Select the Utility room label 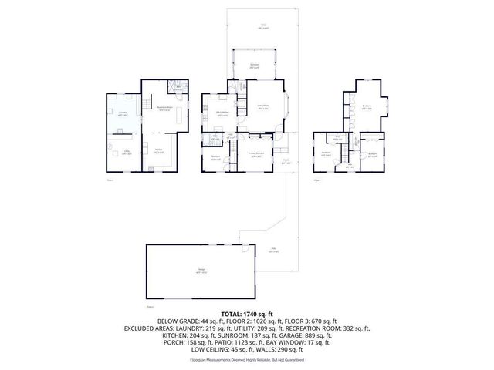click(127, 153)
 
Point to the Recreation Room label click(164, 108)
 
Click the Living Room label click(262, 107)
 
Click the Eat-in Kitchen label click(222, 113)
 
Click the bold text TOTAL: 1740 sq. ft click(247, 314)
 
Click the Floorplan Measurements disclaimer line click(247, 360)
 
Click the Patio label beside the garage click(272, 251)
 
